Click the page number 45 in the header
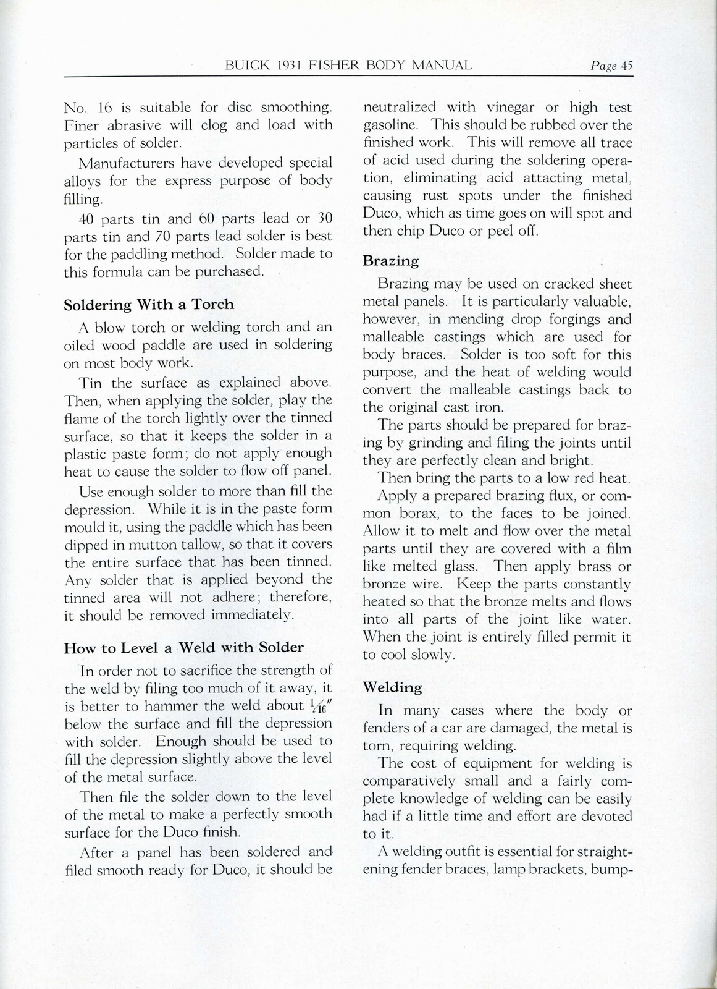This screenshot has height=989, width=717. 627,66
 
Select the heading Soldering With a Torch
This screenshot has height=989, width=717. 149,304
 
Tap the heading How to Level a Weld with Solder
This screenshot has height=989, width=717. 183,648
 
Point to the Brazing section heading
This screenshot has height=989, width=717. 390,260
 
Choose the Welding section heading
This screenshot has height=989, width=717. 392,687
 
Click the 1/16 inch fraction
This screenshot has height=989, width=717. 319,705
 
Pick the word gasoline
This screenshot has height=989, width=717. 390,125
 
